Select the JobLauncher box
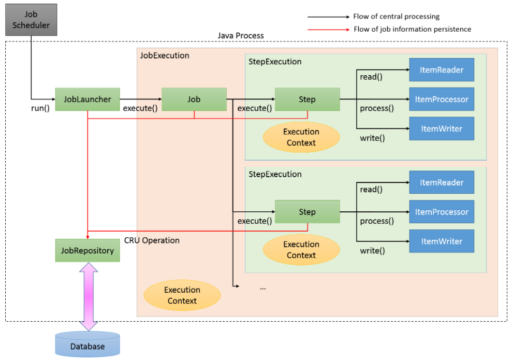coord(87,99)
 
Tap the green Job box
coord(194,99)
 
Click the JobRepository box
coord(87,251)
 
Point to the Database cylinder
coord(87,345)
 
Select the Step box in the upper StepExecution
coord(307,99)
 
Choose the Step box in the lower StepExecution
coord(307,212)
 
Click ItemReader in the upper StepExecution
coord(442,70)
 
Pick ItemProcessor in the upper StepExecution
coord(442,99)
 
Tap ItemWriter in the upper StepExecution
coord(442,128)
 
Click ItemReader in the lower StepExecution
coord(442,182)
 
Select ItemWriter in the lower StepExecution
coord(442,241)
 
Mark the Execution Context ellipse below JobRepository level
coord(182,295)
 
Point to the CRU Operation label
coord(152,240)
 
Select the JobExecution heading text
coord(165,55)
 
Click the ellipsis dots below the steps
coord(262,286)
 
